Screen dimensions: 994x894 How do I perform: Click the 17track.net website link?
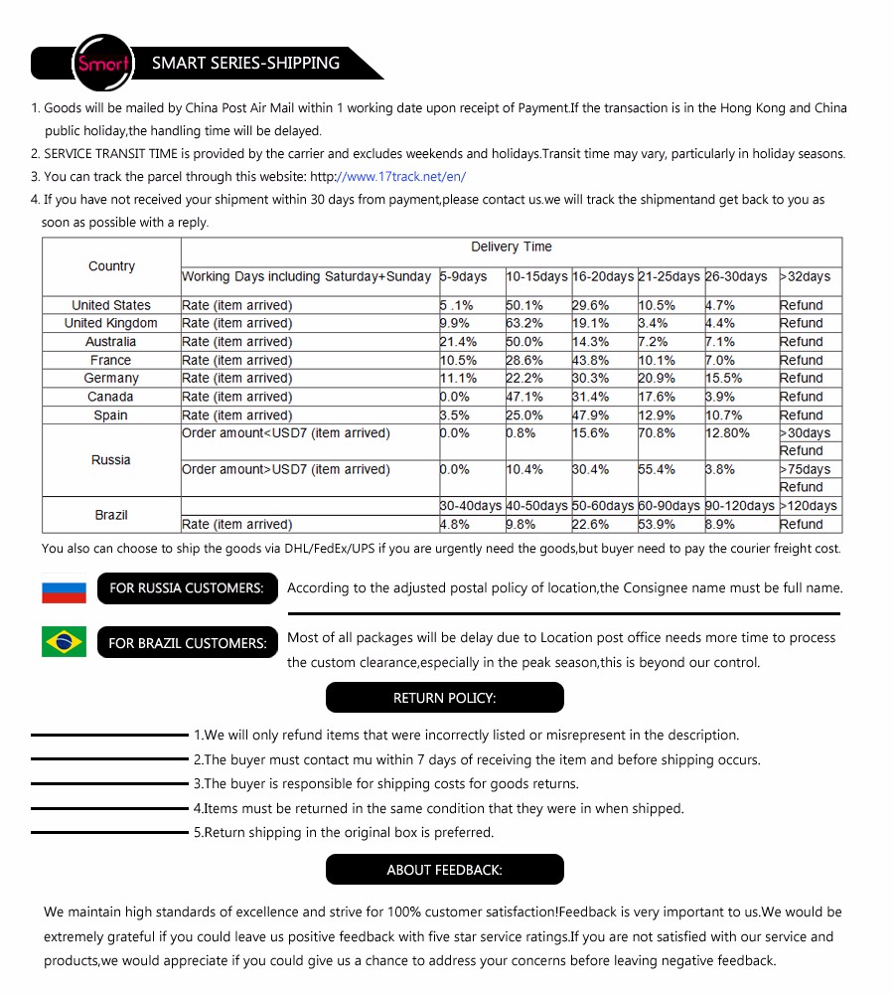click(x=401, y=177)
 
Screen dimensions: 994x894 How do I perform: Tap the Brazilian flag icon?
click(x=64, y=642)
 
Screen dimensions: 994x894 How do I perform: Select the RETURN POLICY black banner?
click(x=444, y=698)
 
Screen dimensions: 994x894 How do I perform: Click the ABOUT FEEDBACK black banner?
click(x=444, y=870)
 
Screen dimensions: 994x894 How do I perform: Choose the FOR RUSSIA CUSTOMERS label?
click(x=186, y=588)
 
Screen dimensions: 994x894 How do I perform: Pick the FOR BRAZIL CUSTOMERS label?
click(x=188, y=643)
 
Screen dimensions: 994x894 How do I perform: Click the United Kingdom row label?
click(x=111, y=323)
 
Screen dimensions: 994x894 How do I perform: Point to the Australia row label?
click(x=111, y=342)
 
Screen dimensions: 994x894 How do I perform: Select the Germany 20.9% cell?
click(x=657, y=379)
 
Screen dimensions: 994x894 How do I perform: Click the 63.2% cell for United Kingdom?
click(x=524, y=323)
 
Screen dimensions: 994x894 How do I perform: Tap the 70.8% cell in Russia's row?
click(x=657, y=433)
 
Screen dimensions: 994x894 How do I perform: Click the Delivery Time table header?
click(x=511, y=248)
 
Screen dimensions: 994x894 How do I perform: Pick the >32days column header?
click(x=805, y=276)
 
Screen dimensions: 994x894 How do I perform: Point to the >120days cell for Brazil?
click(x=808, y=506)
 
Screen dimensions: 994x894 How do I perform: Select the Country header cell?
click(x=111, y=266)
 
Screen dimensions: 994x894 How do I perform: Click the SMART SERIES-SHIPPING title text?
click(x=245, y=63)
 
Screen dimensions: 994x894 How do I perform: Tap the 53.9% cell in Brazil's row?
click(x=657, y=525)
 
